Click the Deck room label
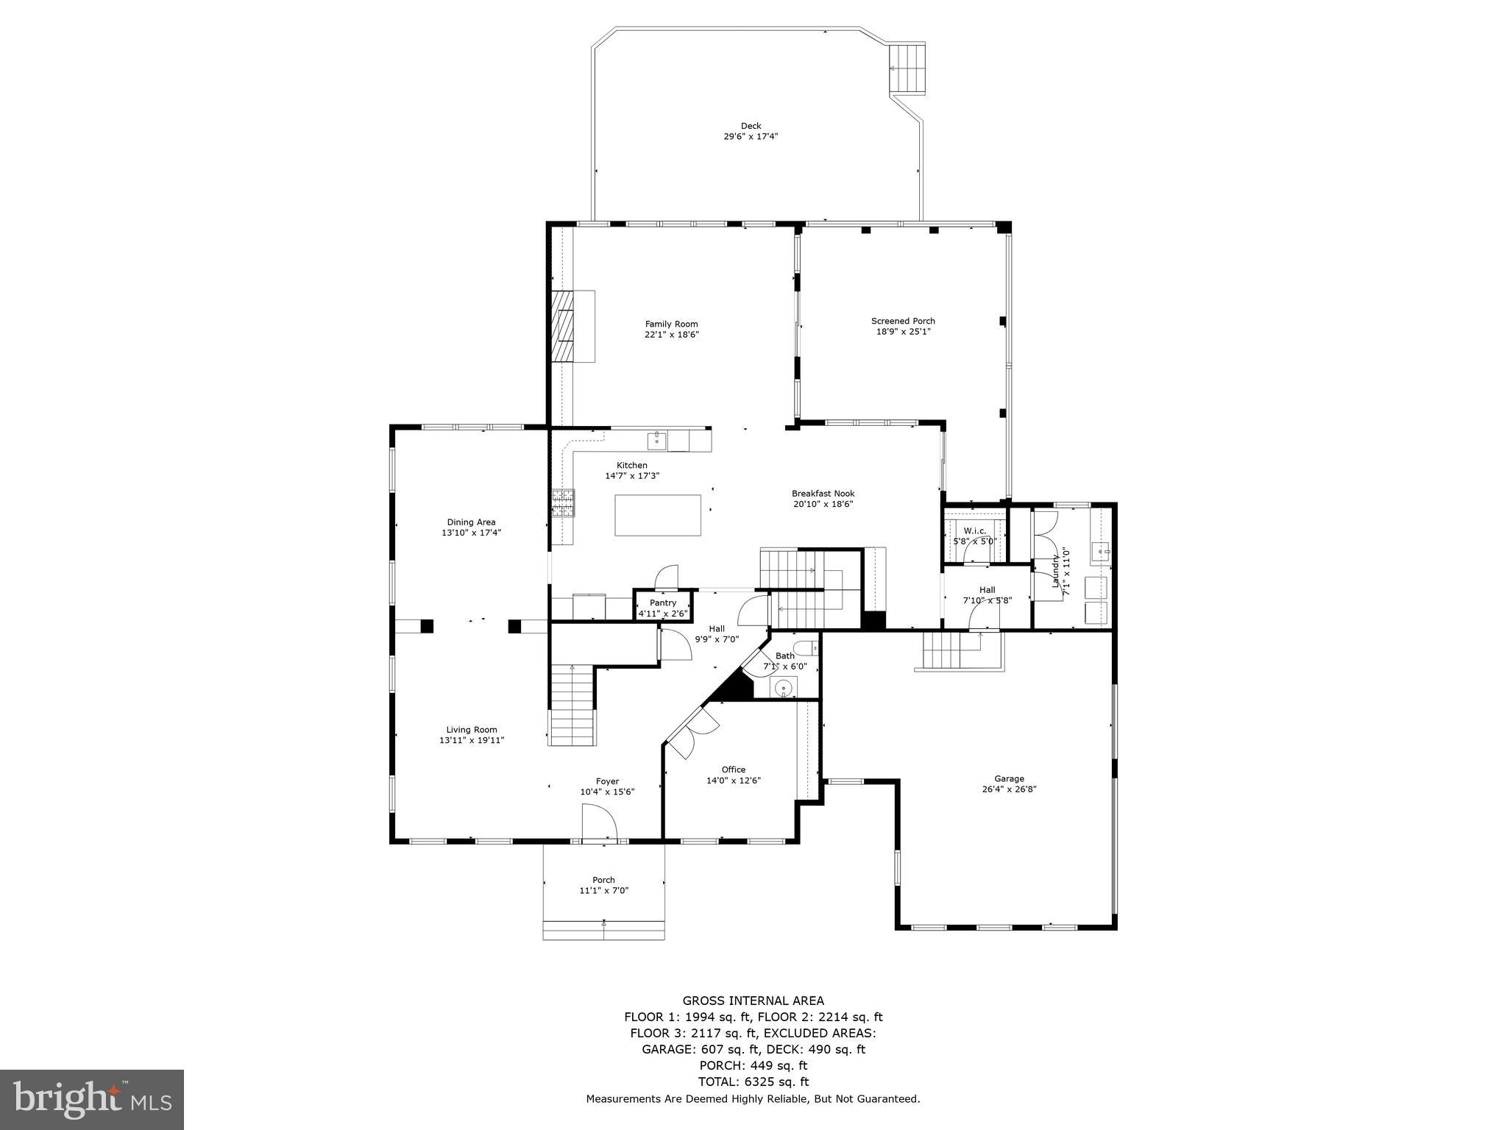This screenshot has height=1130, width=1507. click(x=751, y=126)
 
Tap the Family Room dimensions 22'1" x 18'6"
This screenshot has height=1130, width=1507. click(x=671, y=335)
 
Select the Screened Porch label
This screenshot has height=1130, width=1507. click(x=903, y=321)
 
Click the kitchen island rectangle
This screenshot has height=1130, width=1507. click(x=658, y=515)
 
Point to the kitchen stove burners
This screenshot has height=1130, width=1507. click(x=563, y=503)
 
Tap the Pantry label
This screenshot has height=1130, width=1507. click(x=662, y=603)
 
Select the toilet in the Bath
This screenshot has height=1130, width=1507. click(x=809, y=648)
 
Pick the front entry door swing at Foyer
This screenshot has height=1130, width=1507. click(x=598, y=820)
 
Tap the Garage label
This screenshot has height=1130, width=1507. click(x=1009, y=778)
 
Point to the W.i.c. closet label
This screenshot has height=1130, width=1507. click(x=974, y=530)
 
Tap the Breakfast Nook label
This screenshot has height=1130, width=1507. click(x=823, y=494)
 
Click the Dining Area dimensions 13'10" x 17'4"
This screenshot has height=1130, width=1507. click(x=471, y=533)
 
